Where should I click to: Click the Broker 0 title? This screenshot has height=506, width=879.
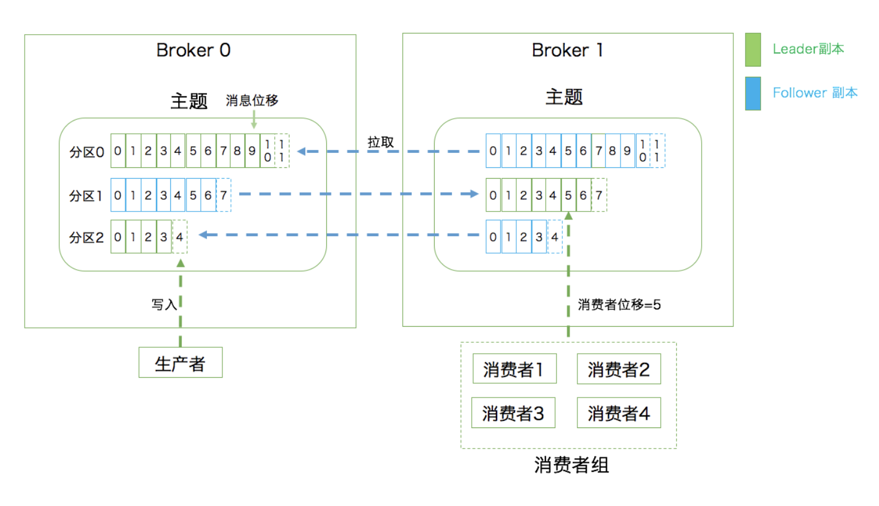[193, 50]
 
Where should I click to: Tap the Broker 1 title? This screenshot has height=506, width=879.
[567, 50]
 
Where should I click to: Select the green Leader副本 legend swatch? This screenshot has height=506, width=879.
[752, 50]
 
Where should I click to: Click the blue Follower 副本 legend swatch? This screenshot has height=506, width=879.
[752, 94]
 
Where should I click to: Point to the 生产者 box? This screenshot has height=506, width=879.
[180, 363]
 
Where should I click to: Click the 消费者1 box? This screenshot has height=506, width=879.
[514, 369]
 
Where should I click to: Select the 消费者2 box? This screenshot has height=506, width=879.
[619, 369]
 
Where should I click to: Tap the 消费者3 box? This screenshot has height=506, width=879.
[513, 413]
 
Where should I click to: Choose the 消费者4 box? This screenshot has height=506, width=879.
[619, 413]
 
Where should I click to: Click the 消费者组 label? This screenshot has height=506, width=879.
[571, 465]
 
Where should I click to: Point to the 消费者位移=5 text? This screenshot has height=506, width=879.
[619, 305]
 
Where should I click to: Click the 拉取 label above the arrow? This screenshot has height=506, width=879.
[381, 142]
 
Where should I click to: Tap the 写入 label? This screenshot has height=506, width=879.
[164, 305]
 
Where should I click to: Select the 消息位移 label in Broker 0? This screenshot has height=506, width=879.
[252, 100]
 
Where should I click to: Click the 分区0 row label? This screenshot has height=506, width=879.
[86, 152]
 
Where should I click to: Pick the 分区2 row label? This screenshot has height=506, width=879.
[86, 238]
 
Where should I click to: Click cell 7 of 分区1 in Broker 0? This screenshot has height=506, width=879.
[223, 195]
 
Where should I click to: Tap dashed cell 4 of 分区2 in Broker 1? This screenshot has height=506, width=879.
[555, 237]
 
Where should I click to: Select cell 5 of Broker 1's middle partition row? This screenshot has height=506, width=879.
[568, 195]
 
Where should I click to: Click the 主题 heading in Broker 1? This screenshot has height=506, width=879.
[564, 97]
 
